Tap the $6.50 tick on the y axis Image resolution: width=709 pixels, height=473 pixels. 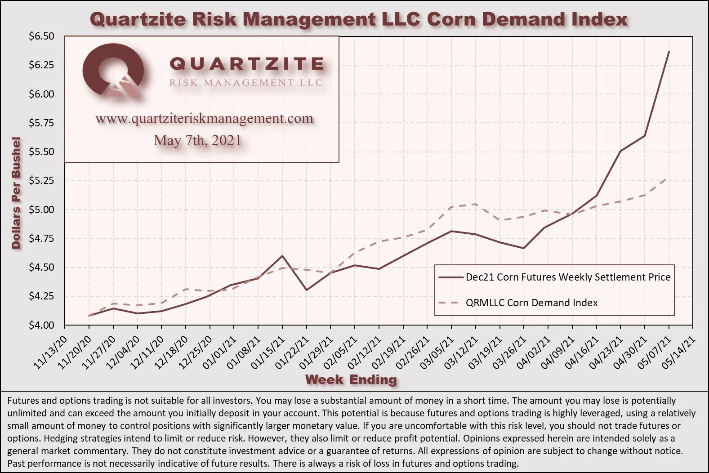point(41,36)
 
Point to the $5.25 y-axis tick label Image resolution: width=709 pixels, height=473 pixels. point(41,181)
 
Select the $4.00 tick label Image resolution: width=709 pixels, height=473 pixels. point(41,325)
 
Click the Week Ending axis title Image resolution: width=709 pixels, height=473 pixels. point(351,380)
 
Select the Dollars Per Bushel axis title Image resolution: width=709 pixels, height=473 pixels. point(16,193)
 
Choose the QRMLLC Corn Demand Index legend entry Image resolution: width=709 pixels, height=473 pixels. point(531,303)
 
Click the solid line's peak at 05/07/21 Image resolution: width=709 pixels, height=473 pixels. point(669,52)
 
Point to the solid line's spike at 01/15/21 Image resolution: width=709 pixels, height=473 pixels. point(282,256)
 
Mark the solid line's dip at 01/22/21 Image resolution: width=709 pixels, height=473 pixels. point(307,290)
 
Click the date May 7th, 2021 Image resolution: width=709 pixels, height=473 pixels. point(197,141)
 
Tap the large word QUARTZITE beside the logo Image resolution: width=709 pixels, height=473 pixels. point(246,64)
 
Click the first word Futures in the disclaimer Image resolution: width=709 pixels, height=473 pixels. point(23,400)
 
